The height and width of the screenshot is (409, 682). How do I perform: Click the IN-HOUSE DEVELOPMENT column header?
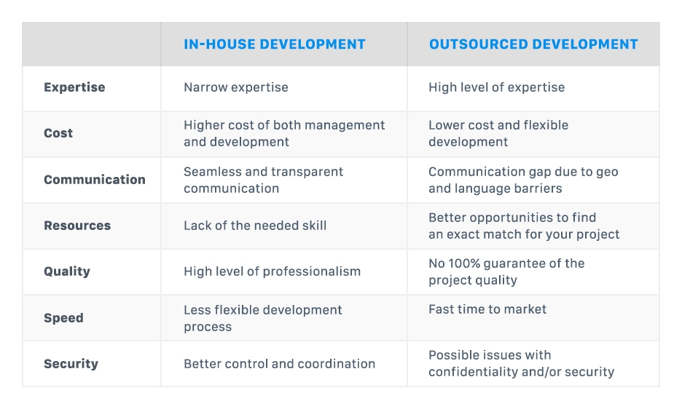coord(274,44)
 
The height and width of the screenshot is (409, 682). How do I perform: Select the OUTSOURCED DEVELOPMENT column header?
coord(533,44)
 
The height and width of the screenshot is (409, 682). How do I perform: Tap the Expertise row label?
coord(74,87)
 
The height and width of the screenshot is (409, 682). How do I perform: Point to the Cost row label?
coord(58,133)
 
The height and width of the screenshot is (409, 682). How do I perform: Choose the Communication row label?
coord(95,180)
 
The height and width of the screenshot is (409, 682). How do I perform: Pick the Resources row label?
coord(77,226)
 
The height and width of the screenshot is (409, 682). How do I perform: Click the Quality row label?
coord(67,271)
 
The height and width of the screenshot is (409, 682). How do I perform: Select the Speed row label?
coord(63,318)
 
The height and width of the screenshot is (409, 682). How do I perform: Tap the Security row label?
coord(71,364)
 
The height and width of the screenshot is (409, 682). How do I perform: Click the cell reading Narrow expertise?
coord(235,87)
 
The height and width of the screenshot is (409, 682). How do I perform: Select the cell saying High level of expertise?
coord(496,87)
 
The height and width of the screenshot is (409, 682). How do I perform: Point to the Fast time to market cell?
coord(487,309)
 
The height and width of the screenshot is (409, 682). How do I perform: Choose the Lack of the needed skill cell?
coord(255,226)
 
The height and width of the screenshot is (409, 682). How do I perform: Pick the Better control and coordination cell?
coord(279,364)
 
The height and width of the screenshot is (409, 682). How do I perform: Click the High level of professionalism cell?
coord(272,271)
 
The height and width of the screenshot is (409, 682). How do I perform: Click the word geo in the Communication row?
coord(606,172)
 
